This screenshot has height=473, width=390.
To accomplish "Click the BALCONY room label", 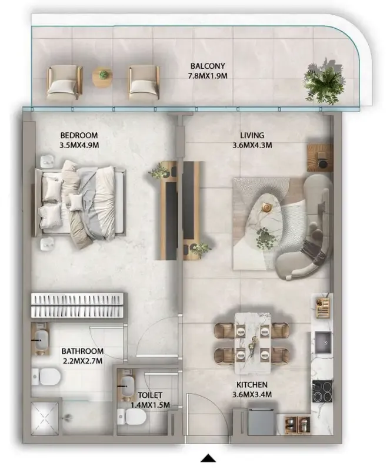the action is pyautogui.click(x=208, y=66).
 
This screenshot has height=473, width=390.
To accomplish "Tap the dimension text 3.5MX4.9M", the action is pyautogui.click(x=79, y=145).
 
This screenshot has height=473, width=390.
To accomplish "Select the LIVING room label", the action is pyautogui.click(x=252, y=135).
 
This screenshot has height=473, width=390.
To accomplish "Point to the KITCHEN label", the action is pyautogui.click(x=252, y=385).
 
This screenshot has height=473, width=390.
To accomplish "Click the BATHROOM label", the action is pyautogui.click(x=82, y=351).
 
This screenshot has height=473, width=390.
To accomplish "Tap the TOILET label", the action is pyautogui.click(x=150, y=395).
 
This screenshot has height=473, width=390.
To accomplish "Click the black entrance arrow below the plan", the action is pyautogui.click(x=208, y=458).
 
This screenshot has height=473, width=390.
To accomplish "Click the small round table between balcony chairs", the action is pyautogui.click(x=102, y=77).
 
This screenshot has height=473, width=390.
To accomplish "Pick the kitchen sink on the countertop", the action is pyautogui.click(x=324, y=343).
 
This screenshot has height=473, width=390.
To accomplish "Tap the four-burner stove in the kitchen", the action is pyautogui.click(x=322, y=391).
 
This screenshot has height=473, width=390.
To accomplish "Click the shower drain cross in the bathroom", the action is pyautogui.click(x=45, y=418).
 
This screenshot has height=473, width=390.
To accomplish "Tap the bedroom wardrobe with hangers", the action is pyautogui.click(x=77, y=305).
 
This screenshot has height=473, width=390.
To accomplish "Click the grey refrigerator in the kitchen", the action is pyautogui.click(x=261, y=422).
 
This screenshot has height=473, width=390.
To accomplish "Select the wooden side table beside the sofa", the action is pyautogui.click(x=320, y=158).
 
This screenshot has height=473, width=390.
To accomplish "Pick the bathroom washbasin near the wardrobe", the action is pyautogui.click(x=40, y=339).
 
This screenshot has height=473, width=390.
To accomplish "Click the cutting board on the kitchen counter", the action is pyautogui.click(x=323, y=307).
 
